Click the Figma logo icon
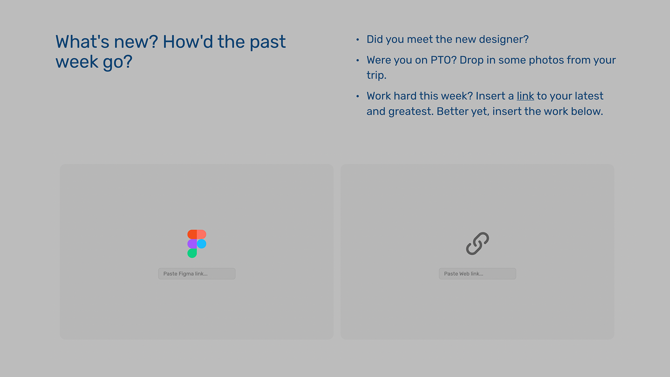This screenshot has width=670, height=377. pyautogui.click(x=197, y=244)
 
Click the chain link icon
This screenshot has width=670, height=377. pyautogui.click(x=477, y=244)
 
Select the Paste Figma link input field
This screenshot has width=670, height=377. pyautogui.click(x=197, y=274)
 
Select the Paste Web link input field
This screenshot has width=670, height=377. pyautogui.click(x=477, y=274)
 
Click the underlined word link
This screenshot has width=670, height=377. pyautogui.click(x=525, y=96)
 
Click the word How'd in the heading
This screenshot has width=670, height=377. pyautogui.click(x=188, y=42)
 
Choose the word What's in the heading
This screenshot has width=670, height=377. pyautogui.click(x=82, y=42)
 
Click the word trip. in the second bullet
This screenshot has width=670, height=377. pyautogui.click(x=377, y=75)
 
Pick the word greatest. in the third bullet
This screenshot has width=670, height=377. pyautogui.click(x=411, y=112)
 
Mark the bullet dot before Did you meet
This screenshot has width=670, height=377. pyautogui.click(x=358, y=40)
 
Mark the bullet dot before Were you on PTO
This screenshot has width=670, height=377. pyautogui.click(x=358, y=60)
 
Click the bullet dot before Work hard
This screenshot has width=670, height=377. pyautogui.click(x=358, y=96)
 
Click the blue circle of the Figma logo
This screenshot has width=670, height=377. pyautogui.click(x=202, y=244)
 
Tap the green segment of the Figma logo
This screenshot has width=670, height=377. pyautogui.click(x=192, y=253)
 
